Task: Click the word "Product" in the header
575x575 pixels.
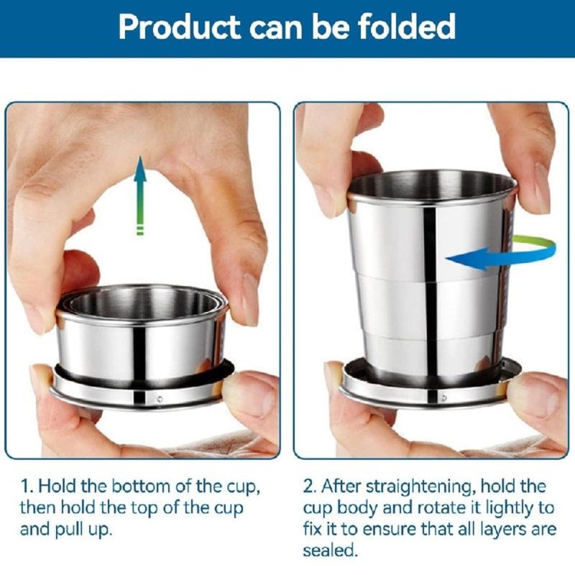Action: point(180,27)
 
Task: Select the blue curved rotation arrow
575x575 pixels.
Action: point(501,254)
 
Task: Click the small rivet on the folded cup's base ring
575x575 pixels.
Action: point(160,399)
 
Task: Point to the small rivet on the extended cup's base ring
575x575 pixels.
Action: point(444,398)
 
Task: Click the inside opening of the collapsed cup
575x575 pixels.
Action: point(143,303)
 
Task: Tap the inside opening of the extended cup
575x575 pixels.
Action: point(432,186)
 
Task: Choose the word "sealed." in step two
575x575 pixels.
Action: point(329,551)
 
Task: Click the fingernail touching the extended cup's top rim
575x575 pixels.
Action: point(541,189)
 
